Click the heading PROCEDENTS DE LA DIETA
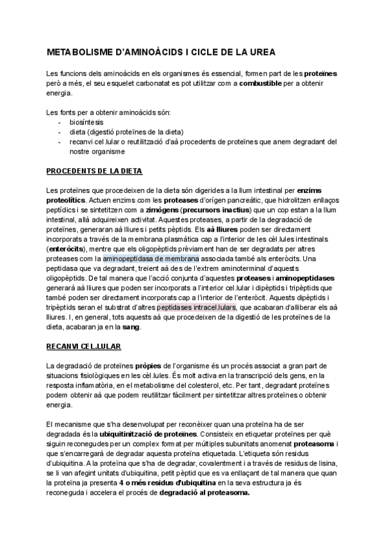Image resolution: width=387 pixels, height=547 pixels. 95,171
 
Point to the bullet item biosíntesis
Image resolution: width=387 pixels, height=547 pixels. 86,122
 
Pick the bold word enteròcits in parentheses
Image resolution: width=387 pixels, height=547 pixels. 70,249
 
